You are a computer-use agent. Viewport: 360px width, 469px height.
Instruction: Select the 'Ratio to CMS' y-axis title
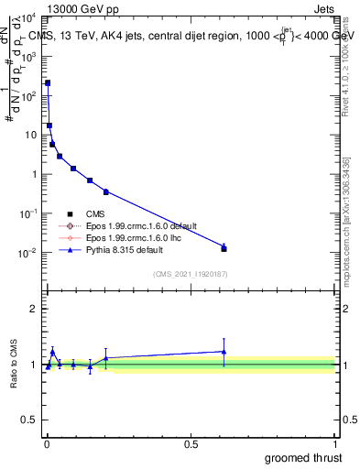(14, 362)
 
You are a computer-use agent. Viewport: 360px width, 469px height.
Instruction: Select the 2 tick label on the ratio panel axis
(34, 309)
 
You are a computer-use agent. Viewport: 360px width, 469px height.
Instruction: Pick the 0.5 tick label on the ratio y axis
(29, 421)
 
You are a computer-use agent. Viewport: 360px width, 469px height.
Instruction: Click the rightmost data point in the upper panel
(224, 248)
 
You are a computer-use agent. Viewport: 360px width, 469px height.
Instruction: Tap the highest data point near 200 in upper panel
(48, 83)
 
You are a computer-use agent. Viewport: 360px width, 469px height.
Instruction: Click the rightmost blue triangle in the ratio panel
(224, 351)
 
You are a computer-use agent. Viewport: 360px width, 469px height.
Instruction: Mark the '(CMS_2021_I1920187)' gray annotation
(190, 274)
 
